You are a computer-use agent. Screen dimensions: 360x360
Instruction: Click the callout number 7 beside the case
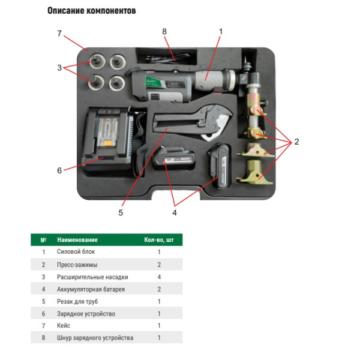pos(59,34)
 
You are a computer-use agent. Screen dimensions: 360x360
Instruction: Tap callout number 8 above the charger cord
pos(164,31)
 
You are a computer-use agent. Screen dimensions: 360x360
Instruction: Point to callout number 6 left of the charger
pos(59,170)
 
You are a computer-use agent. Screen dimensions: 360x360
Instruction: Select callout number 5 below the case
pos(121,212)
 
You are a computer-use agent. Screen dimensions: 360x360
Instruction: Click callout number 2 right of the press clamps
pos(296,142)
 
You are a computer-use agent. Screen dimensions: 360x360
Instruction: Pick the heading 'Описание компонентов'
pos(92,11)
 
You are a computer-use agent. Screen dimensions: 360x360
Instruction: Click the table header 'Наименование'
pos(77,240)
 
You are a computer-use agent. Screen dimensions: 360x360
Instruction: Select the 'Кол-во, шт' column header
pos(159,240)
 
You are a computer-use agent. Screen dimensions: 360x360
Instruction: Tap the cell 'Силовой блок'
pos(76,251)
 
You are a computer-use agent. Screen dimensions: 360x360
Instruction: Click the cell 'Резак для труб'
pos(77,301)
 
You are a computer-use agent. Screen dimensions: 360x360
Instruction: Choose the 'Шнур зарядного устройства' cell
pos(95,338)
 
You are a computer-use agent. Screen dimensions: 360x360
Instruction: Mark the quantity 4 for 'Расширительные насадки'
pos(159,277)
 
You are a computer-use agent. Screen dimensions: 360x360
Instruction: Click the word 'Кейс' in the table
pos(64,325)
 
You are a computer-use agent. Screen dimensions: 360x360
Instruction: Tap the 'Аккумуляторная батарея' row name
pos(91,289)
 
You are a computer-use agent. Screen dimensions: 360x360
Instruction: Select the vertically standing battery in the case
pos(220,166)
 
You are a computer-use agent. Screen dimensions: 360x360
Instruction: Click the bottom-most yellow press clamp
pos(254,172)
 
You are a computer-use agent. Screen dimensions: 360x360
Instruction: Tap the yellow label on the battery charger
pos(107,143)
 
